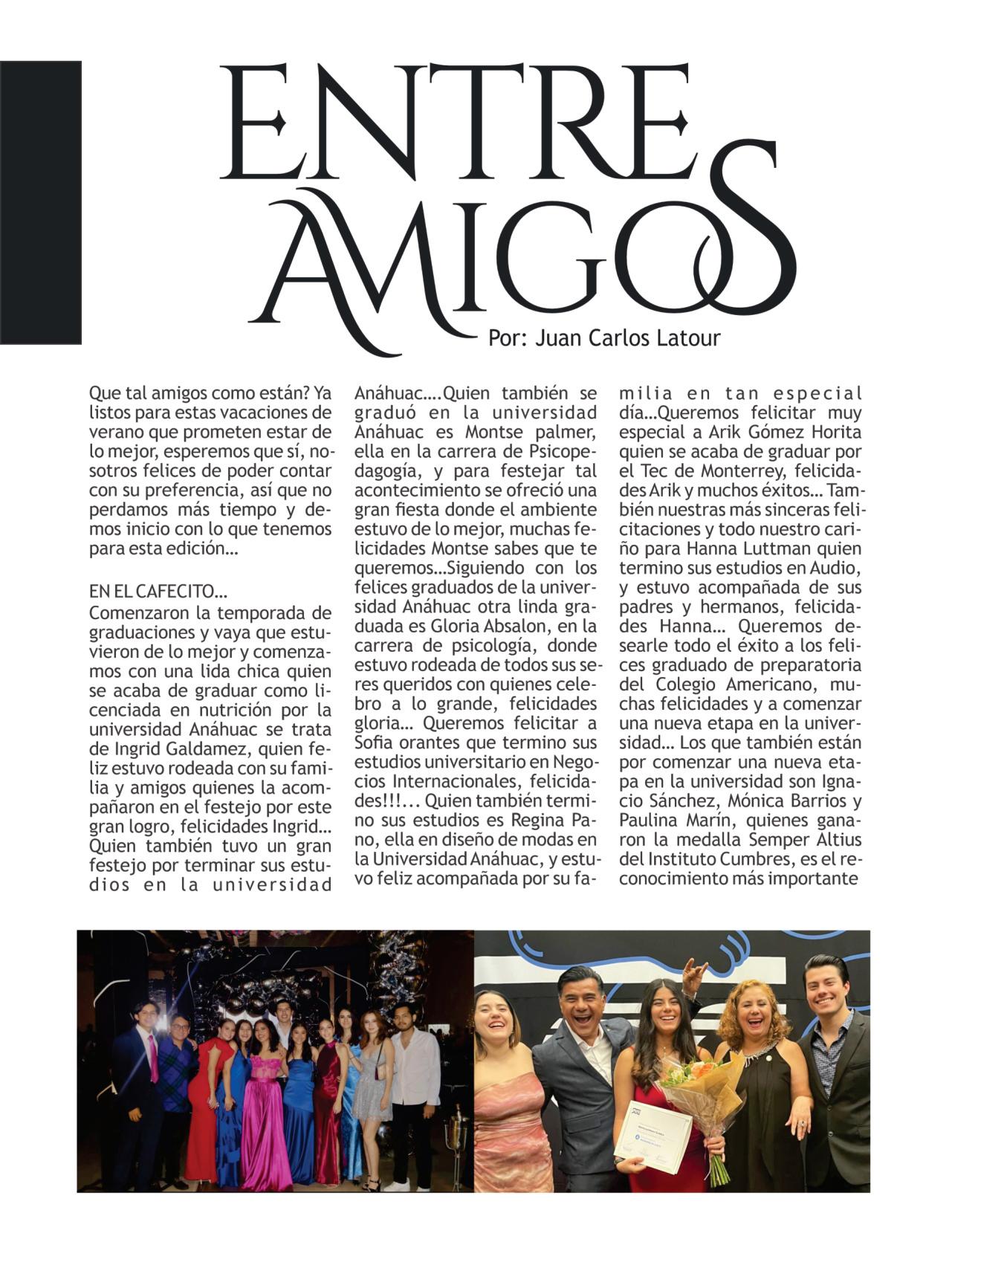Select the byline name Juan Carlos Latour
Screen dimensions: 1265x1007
[x=628, y=338]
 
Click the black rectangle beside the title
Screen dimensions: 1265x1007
[x=40, y=202]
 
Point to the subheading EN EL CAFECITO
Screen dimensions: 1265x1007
[x=158, y=592]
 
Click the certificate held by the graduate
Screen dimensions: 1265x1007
[x=653, y=1136]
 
